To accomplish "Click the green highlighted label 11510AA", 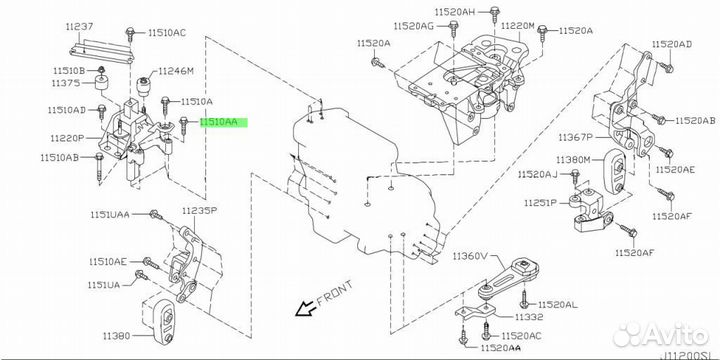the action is (x=219, y=122).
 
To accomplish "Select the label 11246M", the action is (x=176, y=71).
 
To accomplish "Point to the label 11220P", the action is (x=68, y=137).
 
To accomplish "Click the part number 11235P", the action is (x=199, y=211).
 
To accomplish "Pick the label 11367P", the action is (x=576, y=137).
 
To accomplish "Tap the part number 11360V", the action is (x=471, y=255).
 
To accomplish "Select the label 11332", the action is (x=515, y=317).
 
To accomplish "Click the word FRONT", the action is (x=335, y=292).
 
